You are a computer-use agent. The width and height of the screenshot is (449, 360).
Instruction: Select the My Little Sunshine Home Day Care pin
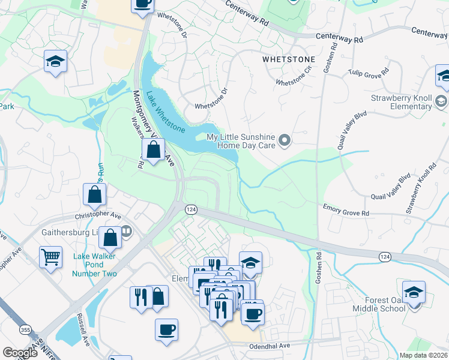[285, 141]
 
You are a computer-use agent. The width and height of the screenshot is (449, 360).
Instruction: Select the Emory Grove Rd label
[346, 211]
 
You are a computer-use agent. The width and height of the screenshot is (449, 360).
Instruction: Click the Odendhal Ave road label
[269, 346]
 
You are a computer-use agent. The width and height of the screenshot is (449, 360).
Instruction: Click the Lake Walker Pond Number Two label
[95, 265]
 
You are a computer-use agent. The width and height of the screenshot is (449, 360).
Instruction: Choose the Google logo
[20, 353]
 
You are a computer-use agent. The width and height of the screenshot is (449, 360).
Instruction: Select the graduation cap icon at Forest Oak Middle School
[414, 292]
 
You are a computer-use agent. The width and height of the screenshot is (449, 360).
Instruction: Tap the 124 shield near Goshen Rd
[385, 256]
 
